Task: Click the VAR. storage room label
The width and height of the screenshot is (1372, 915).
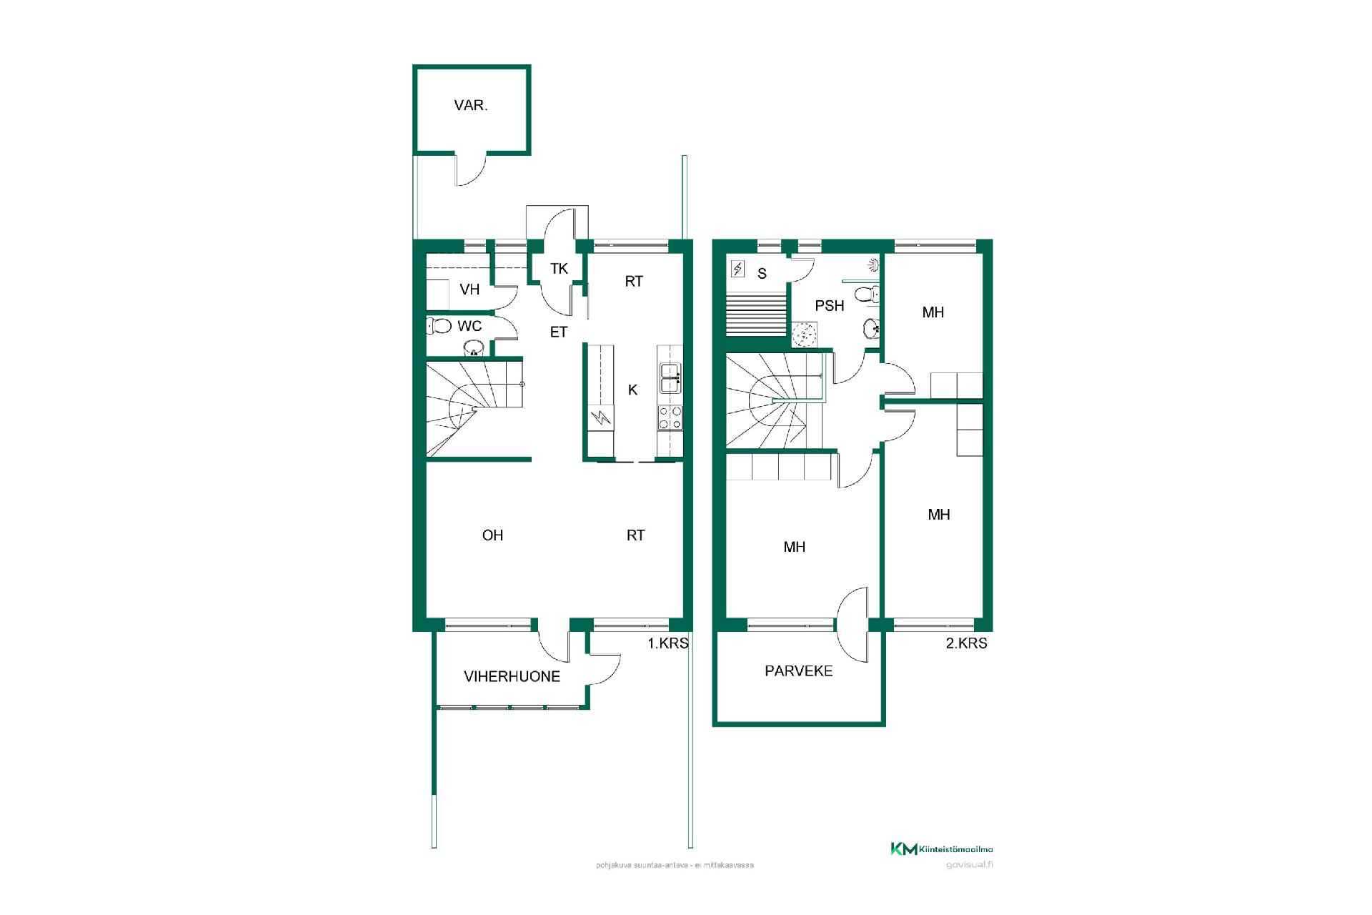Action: click(471, 106)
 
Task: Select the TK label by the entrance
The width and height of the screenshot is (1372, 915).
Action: click(559, 269)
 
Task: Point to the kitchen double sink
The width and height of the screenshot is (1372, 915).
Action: click(670, 377)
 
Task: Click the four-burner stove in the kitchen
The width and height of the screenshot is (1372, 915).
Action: click(670, 417)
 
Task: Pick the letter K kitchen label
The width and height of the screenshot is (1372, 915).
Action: click(632, 390)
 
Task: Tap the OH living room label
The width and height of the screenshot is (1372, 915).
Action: click(492, 535)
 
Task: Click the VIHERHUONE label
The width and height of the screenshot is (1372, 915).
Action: click(512, 676)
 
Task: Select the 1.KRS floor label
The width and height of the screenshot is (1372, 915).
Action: click(668, 643)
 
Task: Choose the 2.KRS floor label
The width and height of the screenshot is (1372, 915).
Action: click(967, 643)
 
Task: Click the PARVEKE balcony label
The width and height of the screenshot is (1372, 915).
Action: click(799, 671)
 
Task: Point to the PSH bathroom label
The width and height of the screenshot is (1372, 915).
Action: click(830, 306)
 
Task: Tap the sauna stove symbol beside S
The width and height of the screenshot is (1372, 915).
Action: click(738, 269)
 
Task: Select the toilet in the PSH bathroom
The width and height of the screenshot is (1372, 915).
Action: click(868, 294)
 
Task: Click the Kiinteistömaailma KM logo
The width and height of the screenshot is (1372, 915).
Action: click(941, 849)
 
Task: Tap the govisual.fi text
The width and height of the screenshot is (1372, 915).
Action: click(969, 864)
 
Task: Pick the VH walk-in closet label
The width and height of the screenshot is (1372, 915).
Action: click(469, 290)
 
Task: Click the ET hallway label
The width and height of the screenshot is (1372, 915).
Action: click(559, 332)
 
